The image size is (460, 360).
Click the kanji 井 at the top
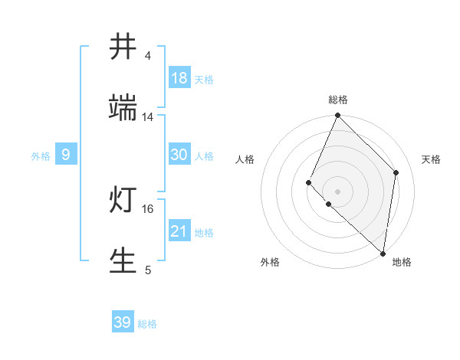pos(124,47)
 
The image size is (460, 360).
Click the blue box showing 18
pos(179,78)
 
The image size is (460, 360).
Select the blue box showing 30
pos(179,155)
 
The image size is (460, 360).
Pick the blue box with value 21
pos(179,231)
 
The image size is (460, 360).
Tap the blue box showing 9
pos(66,155)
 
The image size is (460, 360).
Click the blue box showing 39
pos(123,322)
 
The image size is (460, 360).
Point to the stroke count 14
pos(148,116)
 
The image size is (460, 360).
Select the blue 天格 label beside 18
pos(204,80)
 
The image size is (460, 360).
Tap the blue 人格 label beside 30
pos(204,156)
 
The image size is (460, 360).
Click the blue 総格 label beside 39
pos(148,324)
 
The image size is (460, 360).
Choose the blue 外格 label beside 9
pos(41,156)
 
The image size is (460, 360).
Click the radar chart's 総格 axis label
pos(338,100)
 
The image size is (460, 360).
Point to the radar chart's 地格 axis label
pos(402,262)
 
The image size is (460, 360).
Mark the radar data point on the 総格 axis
pos(338,116)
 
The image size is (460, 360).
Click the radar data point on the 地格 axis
pos(383,254)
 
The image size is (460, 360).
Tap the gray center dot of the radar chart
pos(338,191)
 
